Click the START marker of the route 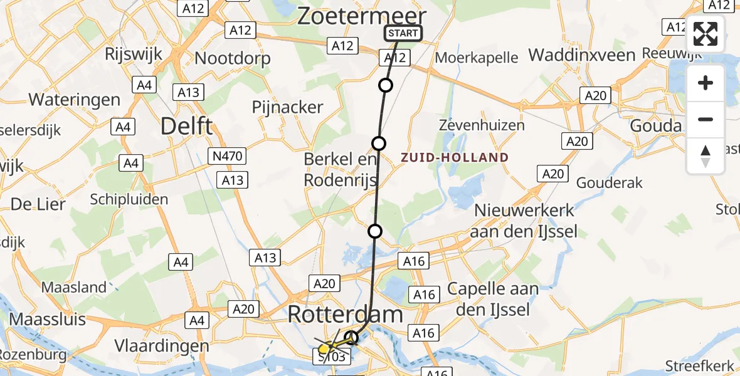pos(403,33)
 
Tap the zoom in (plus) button pos(706,83)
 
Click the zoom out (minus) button pos(706,119)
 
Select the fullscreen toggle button pos(706,34)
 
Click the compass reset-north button pos(706,156)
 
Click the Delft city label pos(186,126)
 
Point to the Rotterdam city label pos(345,315)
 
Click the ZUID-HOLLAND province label pos(455,157)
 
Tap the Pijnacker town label pos(287,107)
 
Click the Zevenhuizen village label pos(482,125)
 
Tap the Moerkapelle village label pos(477,58)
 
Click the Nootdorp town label pos(233,58)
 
